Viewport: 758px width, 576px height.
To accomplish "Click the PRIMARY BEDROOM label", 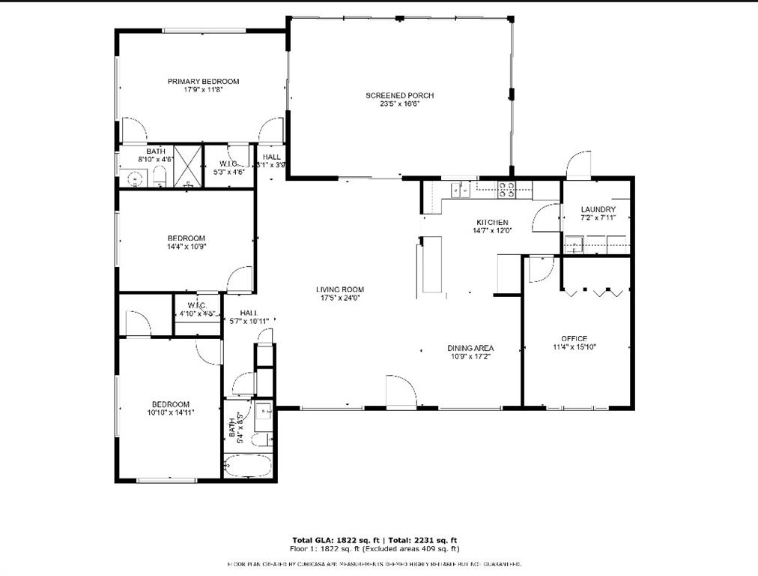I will (x=203, y=81).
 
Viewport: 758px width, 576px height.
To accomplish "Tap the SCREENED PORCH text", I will (x=399, y=95).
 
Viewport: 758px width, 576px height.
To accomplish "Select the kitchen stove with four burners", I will (x=506, y=189).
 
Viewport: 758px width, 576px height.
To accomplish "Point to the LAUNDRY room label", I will (x=598, y=209).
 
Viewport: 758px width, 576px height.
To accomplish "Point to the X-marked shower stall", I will (x=188, y=166).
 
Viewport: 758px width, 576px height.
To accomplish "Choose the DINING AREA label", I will (x=470, y=348).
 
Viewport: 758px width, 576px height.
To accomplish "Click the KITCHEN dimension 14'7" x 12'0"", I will (x=492, y=231).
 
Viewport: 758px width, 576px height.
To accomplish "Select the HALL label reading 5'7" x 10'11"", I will (x=249, y=321).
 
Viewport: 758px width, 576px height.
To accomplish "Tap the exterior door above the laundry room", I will (x=579, y=165).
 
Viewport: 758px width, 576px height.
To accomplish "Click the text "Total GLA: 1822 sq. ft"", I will (x=336, y=540).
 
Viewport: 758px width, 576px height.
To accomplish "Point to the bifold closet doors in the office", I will (x=594, y=292).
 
